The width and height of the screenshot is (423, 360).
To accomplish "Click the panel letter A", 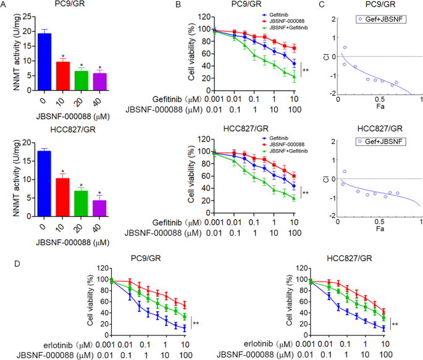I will [4, 6].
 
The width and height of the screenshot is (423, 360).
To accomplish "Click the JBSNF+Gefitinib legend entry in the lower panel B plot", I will [285, 150].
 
